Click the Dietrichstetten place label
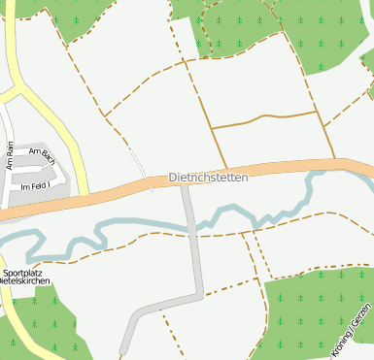[x=208, y=179]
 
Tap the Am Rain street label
[x=10, y=155]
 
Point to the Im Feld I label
[x=35, y=184]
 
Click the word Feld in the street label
[x=37, y=184]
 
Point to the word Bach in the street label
[x=49, y=155]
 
